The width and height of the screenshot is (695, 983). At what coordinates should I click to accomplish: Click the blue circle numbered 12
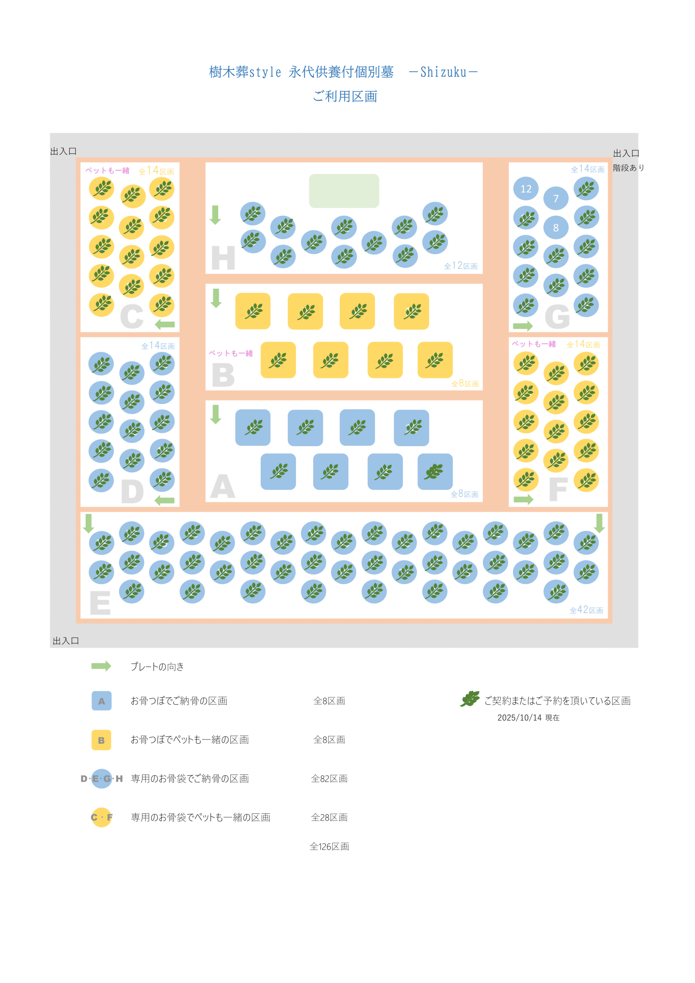pos(525,189)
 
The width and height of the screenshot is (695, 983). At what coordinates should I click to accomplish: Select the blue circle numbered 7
pos(556,198)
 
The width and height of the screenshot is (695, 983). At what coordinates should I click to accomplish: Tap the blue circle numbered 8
pos(556,227)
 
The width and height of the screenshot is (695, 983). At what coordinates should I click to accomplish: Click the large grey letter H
pos(223,258)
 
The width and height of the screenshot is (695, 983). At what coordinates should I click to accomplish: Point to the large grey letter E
pos(100,603)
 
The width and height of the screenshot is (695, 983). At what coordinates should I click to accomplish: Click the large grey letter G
pos(557,317)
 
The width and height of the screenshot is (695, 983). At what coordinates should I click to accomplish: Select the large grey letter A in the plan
pos(223,487)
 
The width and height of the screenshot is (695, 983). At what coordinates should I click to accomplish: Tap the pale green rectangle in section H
pos(344,191)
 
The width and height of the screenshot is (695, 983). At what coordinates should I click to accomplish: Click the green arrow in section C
pos(165,324)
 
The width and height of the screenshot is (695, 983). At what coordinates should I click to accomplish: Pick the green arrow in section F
pos(523,499)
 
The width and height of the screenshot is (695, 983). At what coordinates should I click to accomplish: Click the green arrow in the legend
pos(101,666)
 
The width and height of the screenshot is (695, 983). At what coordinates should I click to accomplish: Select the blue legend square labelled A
pos(101,701)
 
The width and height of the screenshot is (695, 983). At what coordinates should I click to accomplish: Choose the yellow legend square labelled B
pos(101,740)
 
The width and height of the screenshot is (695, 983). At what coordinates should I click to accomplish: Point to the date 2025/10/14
pos(520,718)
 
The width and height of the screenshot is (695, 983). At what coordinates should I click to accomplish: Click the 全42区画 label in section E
pos(586,610)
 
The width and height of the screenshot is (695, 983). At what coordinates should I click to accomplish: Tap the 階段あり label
pos(628,168)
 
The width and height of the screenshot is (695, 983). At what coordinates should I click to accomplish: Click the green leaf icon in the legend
pos(470,699)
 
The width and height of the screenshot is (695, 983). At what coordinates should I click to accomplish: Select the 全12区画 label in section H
pos(460,266)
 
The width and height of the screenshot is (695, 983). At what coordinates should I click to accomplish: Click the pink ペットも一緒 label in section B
pos(230,353)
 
